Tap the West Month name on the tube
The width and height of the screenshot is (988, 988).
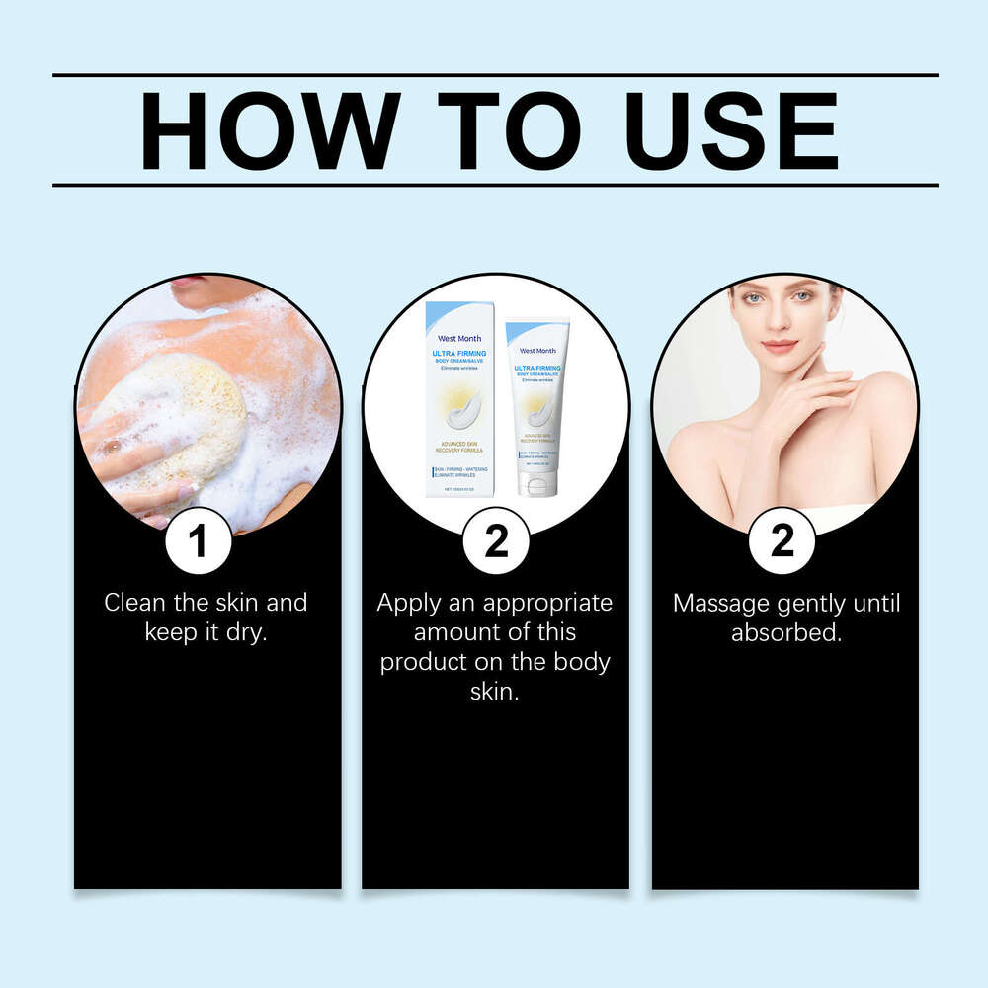click(x=537, y=350)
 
